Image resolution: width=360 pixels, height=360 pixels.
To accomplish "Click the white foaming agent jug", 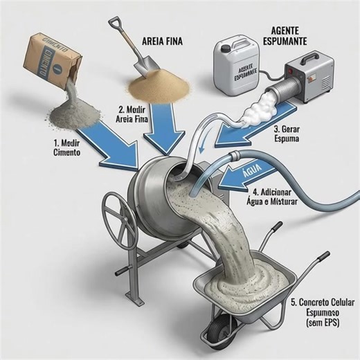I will [x=239, y=66].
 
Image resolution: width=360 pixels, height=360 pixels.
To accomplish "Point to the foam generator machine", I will [x=304, y=81].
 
